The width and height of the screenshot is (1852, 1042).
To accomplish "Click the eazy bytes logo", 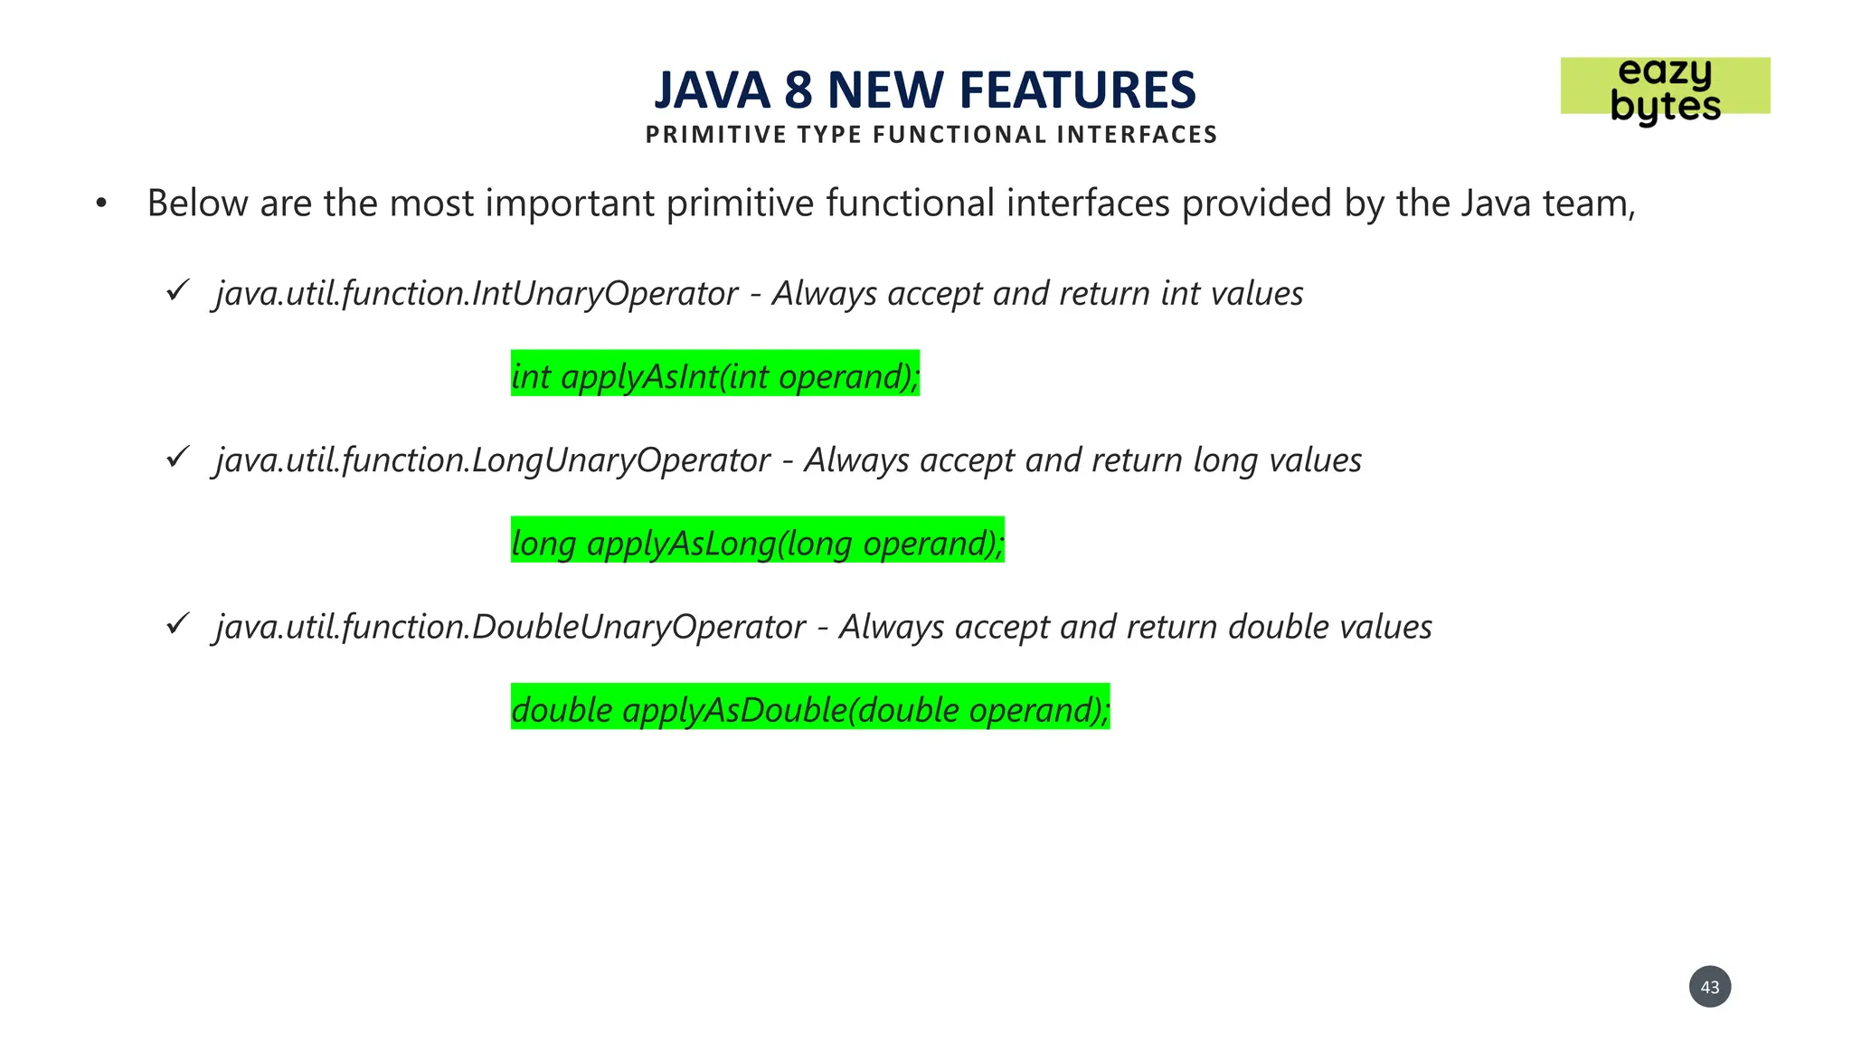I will click(x=1665, y=88).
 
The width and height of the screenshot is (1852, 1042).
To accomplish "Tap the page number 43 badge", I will click(x=1709, y=987).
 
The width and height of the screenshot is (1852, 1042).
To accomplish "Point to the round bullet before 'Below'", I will click(x=101, y=204).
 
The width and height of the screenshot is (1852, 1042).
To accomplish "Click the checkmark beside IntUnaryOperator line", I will click(x=177, y=290).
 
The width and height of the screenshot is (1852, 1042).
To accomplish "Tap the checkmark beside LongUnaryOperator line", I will click(x=177, y=457).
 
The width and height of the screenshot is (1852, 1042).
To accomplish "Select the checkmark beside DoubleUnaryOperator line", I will click(x=177, y=623).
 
